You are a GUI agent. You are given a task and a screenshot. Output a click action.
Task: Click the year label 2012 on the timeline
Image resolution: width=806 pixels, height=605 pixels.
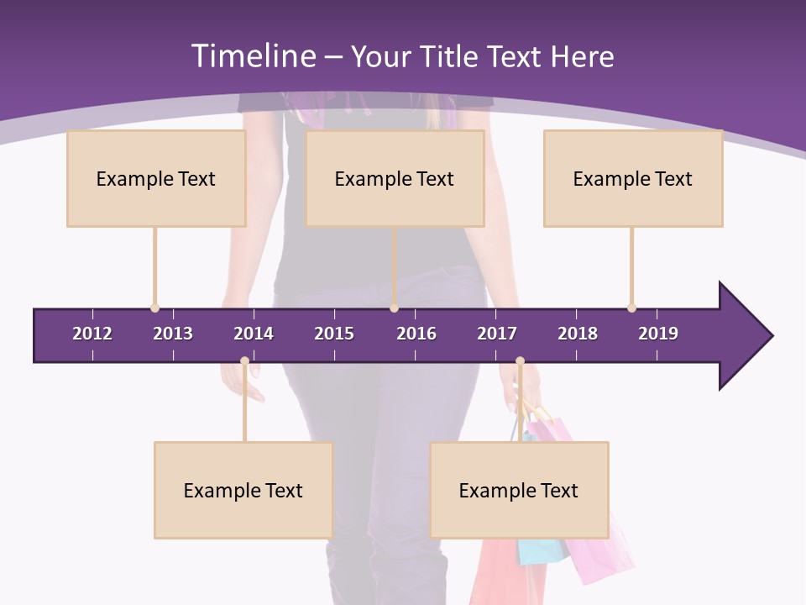92,334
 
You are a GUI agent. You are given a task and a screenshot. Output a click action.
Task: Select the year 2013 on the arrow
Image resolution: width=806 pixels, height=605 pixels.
173,334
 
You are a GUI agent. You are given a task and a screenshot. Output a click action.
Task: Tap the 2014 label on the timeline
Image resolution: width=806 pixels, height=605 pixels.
254,334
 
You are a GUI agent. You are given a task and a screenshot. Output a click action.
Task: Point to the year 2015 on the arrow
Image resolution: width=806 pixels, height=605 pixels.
334,334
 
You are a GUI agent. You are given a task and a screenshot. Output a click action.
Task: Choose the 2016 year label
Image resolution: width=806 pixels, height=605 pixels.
416,334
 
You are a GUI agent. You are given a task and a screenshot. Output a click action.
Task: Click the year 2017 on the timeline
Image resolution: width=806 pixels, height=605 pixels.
497,334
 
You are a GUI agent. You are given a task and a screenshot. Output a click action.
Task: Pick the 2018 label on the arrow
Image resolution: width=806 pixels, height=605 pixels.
578,334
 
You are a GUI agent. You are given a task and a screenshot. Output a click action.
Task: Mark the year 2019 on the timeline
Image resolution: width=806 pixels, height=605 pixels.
658,334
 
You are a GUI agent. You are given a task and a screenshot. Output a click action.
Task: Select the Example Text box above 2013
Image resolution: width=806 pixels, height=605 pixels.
156,178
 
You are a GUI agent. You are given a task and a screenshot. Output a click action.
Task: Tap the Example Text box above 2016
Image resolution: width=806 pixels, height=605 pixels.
395,178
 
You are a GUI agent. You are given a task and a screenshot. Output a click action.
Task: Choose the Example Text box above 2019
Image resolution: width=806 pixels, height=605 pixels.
633,178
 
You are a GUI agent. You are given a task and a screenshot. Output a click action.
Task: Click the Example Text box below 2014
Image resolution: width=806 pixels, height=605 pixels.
243,490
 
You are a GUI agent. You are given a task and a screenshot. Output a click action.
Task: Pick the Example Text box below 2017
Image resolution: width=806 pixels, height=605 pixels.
519,490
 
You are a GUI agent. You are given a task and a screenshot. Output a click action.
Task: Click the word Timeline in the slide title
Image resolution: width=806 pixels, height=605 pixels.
253,56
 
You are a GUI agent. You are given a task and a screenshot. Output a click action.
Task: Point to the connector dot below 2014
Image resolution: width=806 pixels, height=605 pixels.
244,361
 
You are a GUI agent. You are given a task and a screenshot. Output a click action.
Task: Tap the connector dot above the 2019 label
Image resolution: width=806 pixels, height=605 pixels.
631,308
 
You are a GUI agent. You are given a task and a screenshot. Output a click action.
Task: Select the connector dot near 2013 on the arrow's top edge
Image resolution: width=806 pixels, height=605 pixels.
154,308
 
